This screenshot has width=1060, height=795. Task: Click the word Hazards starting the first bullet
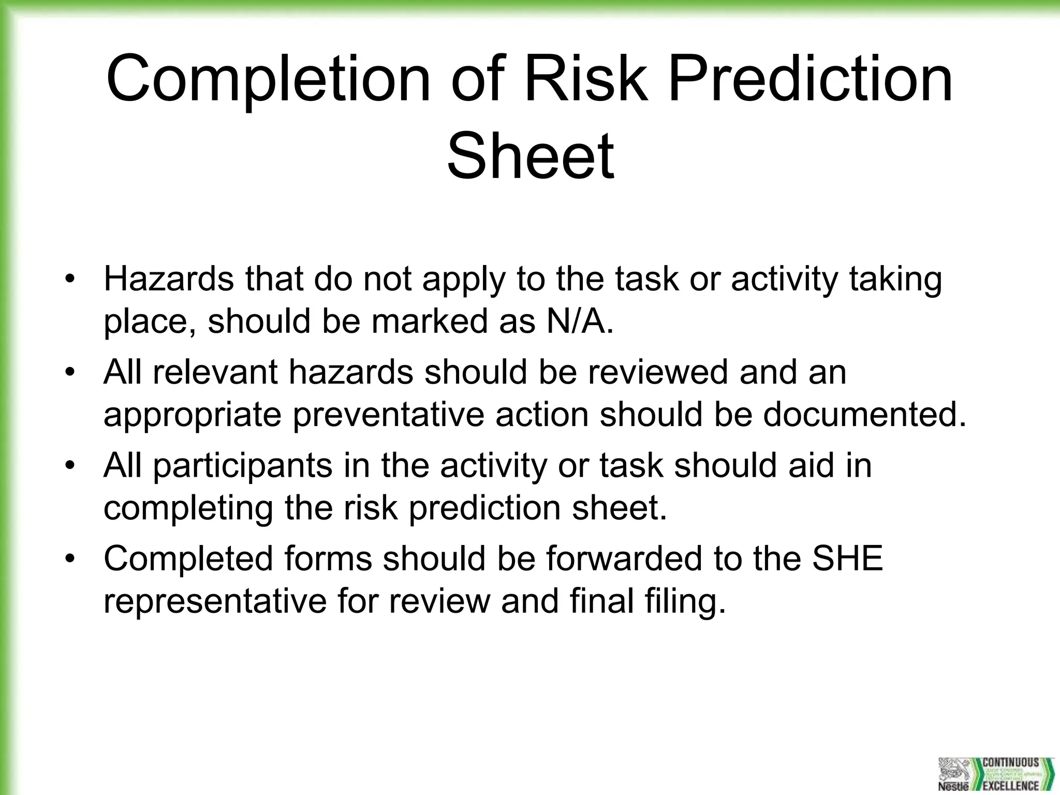pyautogui.click(x=169, y=279)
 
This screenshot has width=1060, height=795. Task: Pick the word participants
pyautogui.click(x=243, y=465)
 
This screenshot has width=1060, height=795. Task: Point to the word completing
pyautogui.click(x=188, y=508)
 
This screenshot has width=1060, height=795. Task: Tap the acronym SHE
pyautogui.click(x=847, y=558)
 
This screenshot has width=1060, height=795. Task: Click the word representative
pyautogui.click(x=215, y=601)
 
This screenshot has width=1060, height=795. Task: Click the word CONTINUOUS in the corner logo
pyautogui.click(x=1010, y=762)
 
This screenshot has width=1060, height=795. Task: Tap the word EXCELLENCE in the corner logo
pyautogui.click(x=1010, y=786)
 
